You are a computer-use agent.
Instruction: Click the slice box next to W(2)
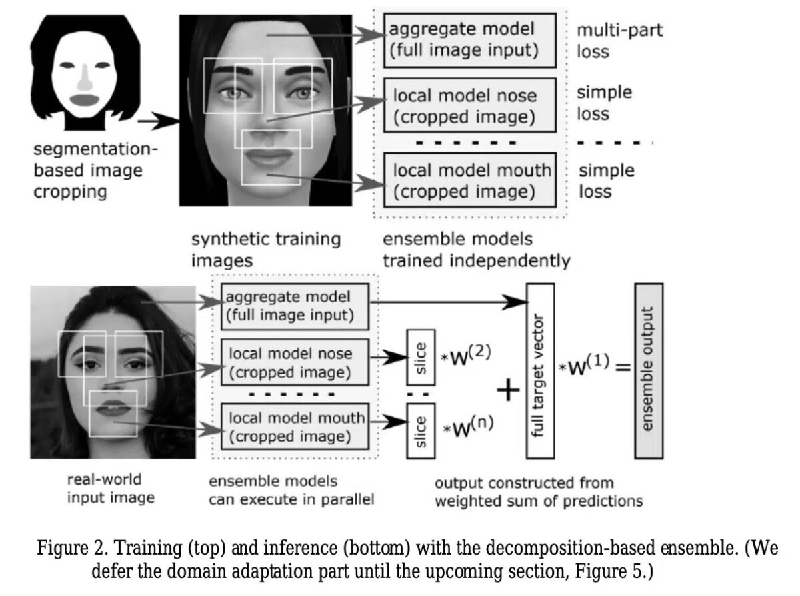420,358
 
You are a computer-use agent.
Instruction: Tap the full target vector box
540,371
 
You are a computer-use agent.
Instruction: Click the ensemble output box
649,370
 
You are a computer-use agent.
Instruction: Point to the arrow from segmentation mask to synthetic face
159,121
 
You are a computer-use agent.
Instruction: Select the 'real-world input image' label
105,488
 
